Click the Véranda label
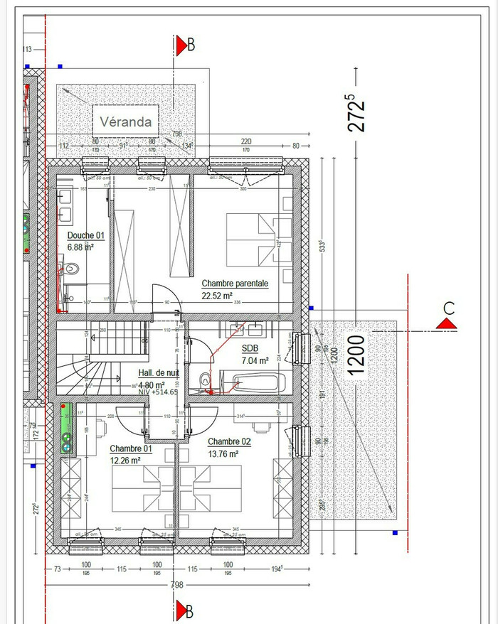pos(125,122)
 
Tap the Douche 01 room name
pos(86,236)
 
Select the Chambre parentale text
pos(235,283)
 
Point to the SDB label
pos(250,349)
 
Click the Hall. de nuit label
pos(161,374)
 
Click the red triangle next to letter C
pos(447,324)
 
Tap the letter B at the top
pos(190,45)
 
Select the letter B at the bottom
pos(190,609)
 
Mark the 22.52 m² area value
pos(218,295)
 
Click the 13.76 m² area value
pos(223,453)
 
